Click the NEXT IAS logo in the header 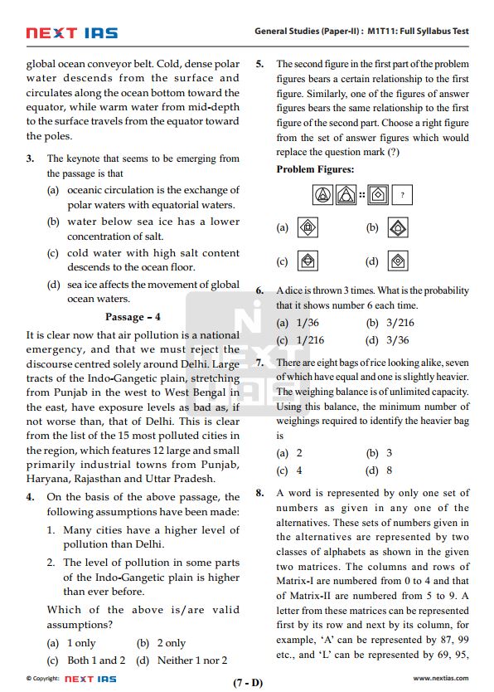pyautogui.click(x=71, y=33)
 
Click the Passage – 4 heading pyautogui.click(x=133, y=317)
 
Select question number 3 pyautogui.click(x=30, y=158)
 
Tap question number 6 pyautogui.click(x=259, y=291)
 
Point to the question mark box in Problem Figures pyautogui.click(x=402, y=195)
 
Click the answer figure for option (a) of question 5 pyautogui.click(x=308, y=227)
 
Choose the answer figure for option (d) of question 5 pyautogui.click(x=399, y=261)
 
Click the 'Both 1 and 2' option pyautogui.click(x=96, y=660)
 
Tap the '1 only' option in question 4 pyautogui.click(x=81, y=643)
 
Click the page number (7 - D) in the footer pyautogui.click(x=248, y=683)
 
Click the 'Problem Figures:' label pyautogui.click(x=315, y=169)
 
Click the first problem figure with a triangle pyautogui.click(x=322, y=195)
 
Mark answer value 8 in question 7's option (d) pyautogui.click(x=389, y=470)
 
